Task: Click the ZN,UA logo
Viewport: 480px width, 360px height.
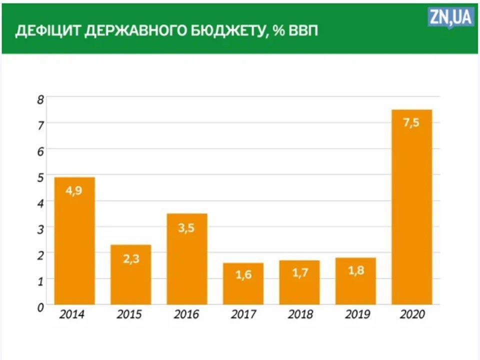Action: coord(450,18)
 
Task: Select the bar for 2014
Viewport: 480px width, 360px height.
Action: coord(74,240)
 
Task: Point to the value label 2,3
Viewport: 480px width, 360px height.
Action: coord(130,259)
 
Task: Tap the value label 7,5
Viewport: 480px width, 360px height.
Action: coord(411,123)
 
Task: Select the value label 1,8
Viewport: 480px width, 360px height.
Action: coord(355,273)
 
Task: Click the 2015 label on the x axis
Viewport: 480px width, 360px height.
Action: coord(129,315)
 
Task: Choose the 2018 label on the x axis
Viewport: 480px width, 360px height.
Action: coord(300,315)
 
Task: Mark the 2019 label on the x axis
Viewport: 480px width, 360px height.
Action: coord(356,315)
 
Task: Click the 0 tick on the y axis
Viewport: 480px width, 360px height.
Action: coord(40,306)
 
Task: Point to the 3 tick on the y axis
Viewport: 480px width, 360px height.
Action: coord(40,228)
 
